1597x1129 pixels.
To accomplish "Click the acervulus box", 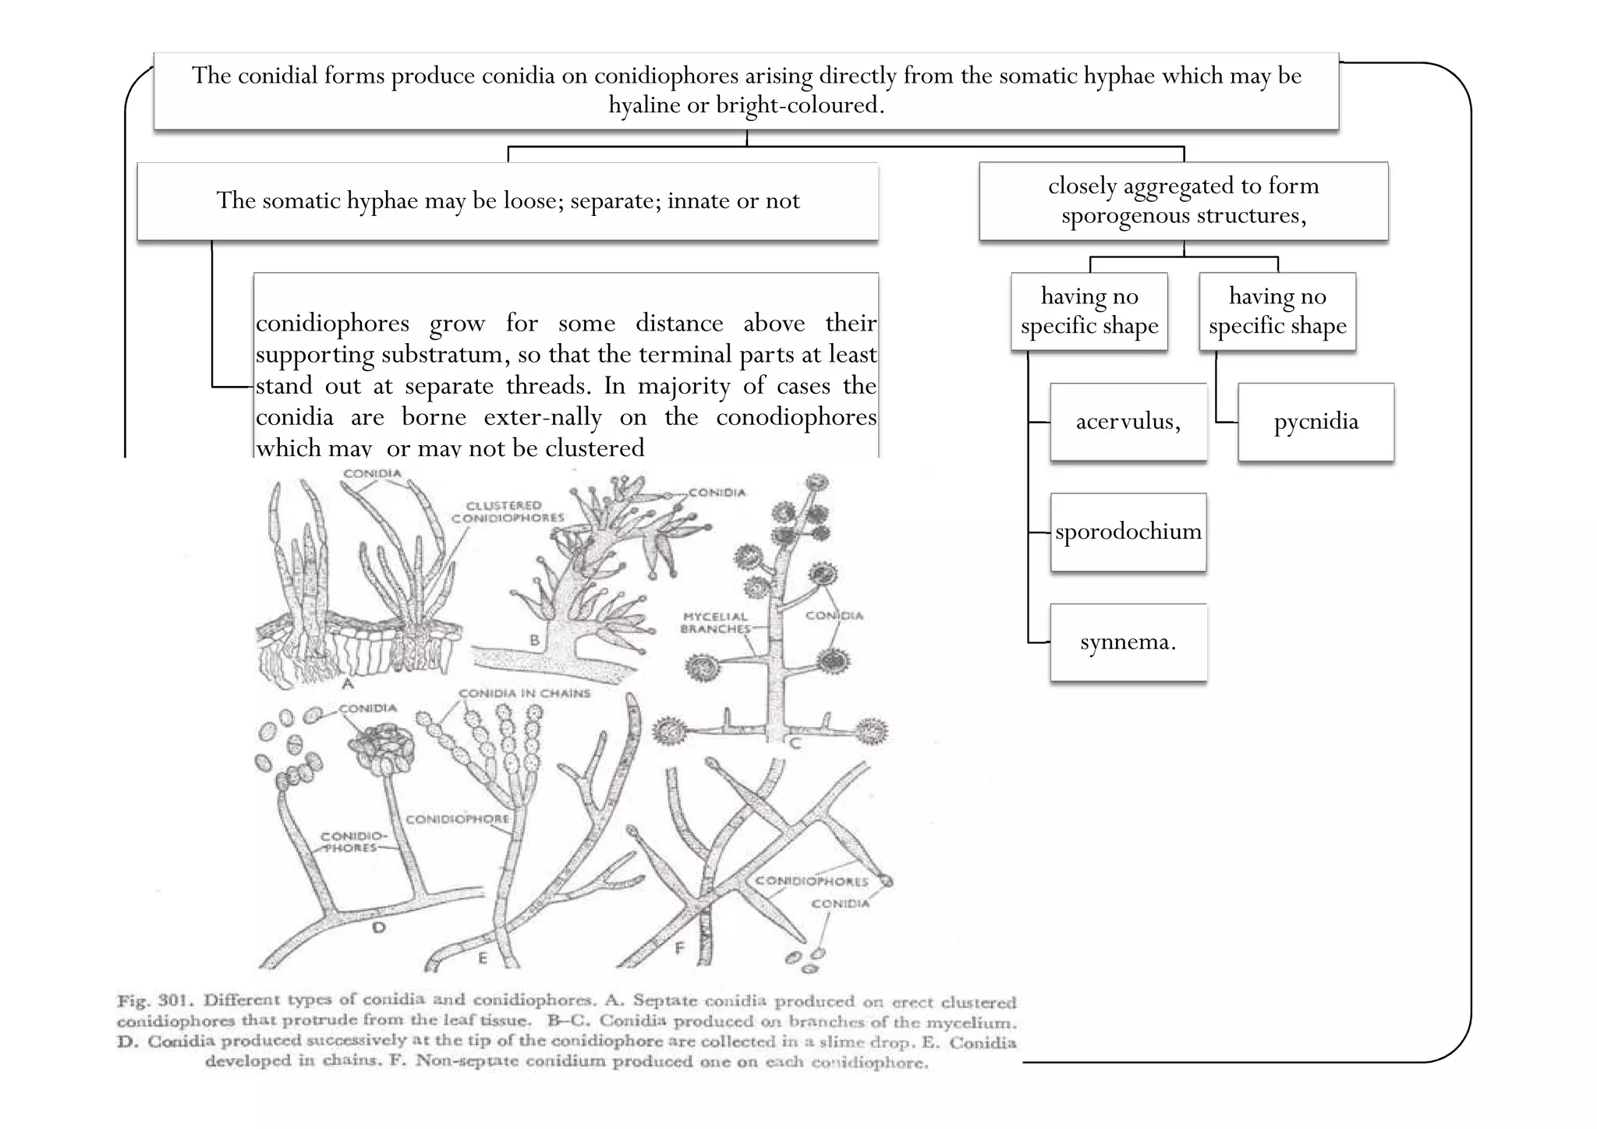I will pyautogui.click(x=1128, y=422).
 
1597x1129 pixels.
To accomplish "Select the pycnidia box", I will pyautogui.click(x=1315, y=422).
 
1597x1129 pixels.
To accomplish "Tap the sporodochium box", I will pyautogui.click(x=1128, y=532).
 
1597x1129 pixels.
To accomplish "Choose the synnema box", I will pyautogui.click(x=1128, y=642).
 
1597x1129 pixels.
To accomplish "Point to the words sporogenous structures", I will pyautogui.click(x=1183, y=216).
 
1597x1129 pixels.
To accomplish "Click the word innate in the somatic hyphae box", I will pyautogui.click(x=699, y=201).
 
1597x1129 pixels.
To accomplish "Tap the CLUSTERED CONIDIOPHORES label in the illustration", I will pyautogui.click(x=508, y=511).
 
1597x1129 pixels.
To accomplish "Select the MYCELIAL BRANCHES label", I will pyautogui.click(x=715, y=622).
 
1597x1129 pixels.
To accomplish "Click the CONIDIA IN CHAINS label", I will pyautogui.click(x=524, y=693).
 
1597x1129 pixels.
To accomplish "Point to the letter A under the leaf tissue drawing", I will pyautogui.click(x=348, y=683).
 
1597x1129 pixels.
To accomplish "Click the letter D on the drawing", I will pyautogui.click(x=378, y=927).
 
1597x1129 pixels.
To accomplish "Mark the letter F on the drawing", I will pyautogui.click(x=679, y=947).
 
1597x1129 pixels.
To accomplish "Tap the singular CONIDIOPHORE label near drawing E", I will pyautogui.click(x=457, y=819).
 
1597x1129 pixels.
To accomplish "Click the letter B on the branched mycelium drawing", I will pyautogui.click(x=535, y=640).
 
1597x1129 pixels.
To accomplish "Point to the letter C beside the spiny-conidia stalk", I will pyautogui.click(x=795, y=743).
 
